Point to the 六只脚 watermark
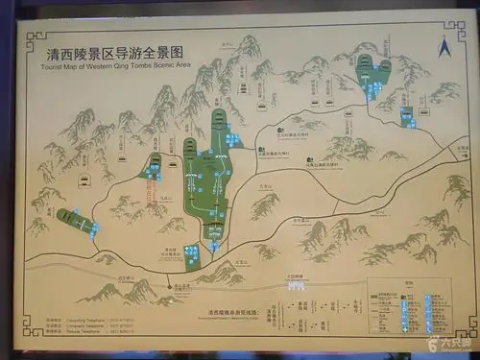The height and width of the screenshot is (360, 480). coord(451,343)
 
